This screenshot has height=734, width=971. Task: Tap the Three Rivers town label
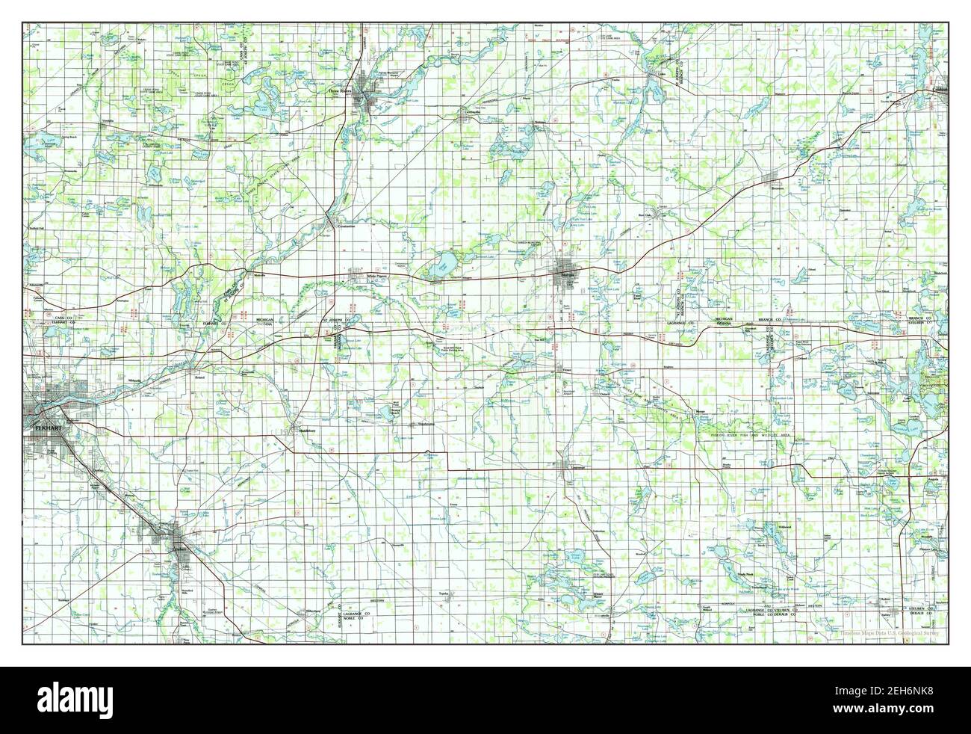click(x=343, y=92)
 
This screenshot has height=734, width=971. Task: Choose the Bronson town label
click(x=781, y=188)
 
